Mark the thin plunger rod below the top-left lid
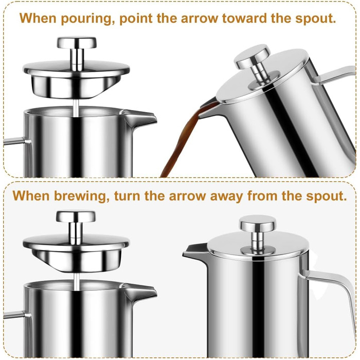click(76, 109)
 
